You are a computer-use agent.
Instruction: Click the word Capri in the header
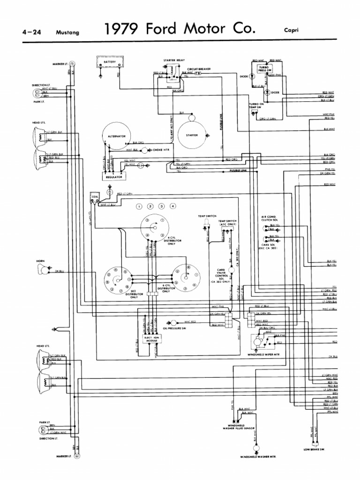tap(291, 30)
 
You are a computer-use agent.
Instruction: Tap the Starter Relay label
tap(172, 60)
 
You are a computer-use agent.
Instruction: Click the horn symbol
tap(43, 270)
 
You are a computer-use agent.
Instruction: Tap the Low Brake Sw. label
tap(314, 449)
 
